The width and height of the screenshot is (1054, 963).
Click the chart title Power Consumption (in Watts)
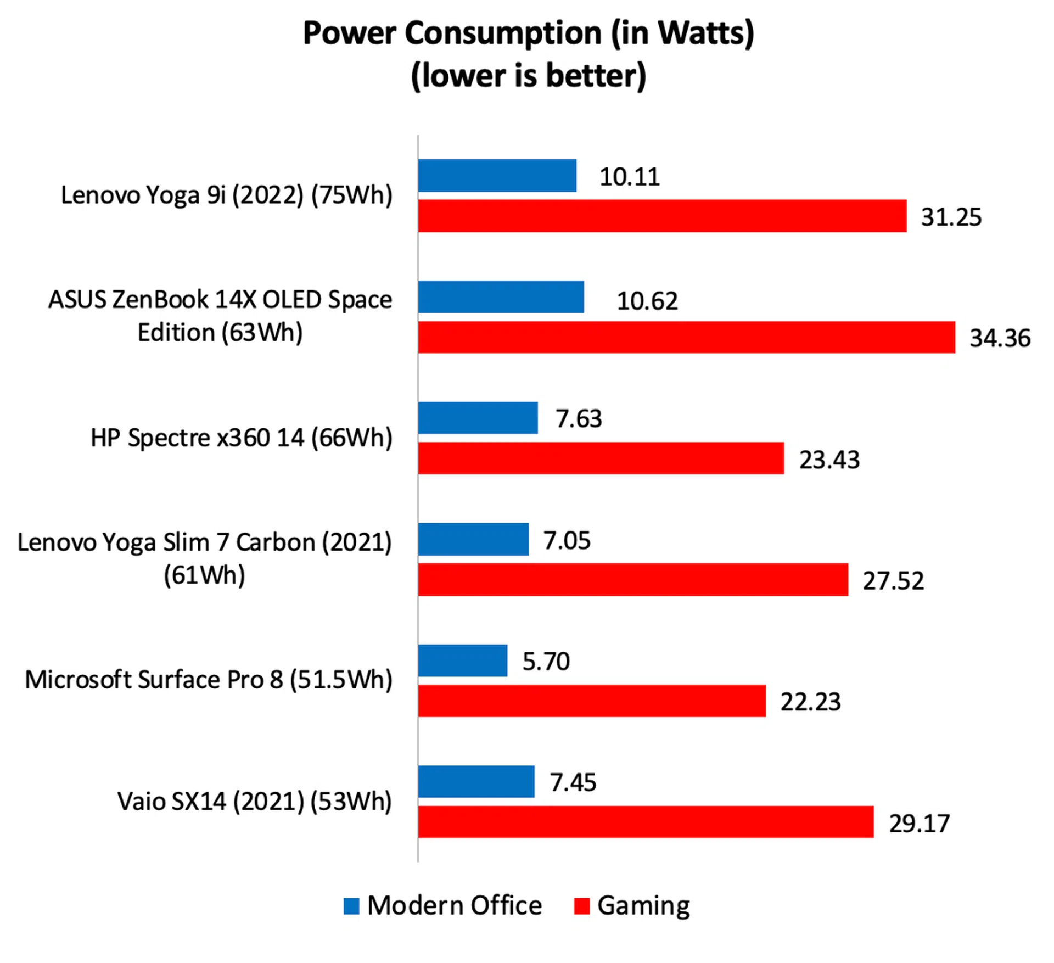point(528,33)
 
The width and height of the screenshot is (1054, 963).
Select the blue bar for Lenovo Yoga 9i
point(497,176)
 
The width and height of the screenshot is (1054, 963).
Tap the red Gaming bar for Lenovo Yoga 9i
point(661,216)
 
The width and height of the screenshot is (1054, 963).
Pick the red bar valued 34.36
point(686,337)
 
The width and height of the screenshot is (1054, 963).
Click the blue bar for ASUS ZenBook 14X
point(501,297)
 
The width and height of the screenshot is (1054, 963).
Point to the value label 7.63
point(579,419)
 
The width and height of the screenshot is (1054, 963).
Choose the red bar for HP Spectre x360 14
point(601,458)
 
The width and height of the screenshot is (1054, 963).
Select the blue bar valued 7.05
point(473,539)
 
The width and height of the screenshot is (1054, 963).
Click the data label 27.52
point(893,581)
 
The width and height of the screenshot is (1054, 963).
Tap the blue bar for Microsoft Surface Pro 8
point(462,660)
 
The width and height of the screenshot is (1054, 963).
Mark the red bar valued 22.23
point(592,701)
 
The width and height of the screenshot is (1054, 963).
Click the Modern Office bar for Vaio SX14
point(476,781)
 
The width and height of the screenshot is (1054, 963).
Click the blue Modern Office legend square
point(351,906)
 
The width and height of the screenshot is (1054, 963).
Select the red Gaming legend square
point(581,906)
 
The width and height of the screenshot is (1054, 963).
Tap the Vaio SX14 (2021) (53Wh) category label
point(255,802)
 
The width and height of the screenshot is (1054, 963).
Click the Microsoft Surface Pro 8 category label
point(209,680)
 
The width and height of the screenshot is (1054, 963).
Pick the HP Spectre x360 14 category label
point(242,438)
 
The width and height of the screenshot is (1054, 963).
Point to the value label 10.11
point(629,177)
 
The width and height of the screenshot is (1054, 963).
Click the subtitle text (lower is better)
point(528,76)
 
